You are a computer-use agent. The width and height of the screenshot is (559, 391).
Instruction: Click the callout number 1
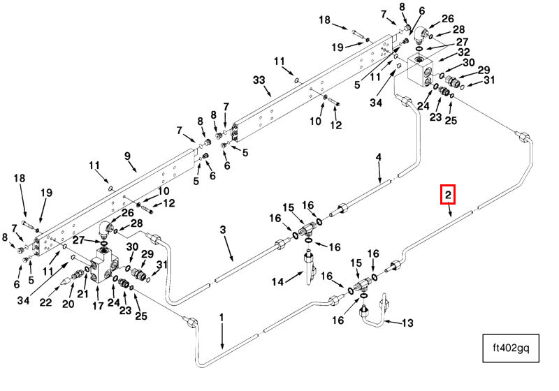(222, 318)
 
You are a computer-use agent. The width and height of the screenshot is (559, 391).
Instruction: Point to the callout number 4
(379, 158)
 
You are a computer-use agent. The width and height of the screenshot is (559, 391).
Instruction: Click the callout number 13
(408, 323)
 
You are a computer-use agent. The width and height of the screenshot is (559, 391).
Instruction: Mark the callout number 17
(98, 305)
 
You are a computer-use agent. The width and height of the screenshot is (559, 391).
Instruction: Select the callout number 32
(463, 52)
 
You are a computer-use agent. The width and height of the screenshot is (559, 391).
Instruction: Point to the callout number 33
(259, 81)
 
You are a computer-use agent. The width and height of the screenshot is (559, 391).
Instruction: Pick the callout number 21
(83, 294)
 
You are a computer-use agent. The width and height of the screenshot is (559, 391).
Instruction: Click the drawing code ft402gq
(511, 349)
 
